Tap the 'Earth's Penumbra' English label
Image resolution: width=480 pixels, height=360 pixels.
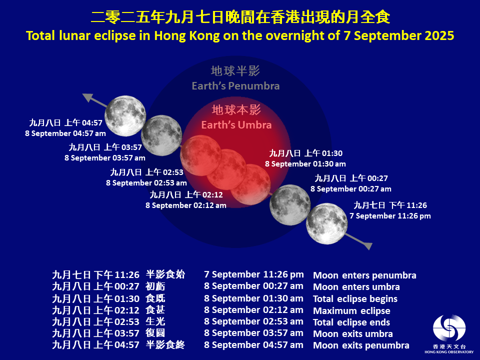pyautogui.click(x=235, y=86)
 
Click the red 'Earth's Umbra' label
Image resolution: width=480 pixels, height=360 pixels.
pyautogui.click(x=236, y=124)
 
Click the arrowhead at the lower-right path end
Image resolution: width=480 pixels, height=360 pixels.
pyautogui.click(x=367, y=245)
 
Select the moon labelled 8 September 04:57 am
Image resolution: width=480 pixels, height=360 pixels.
pyautogui.click(x=125, y=115)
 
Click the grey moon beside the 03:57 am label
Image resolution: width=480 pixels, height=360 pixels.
pyautogui.click(x=161, y=135)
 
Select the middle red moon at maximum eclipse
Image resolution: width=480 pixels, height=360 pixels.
pyautogui.click(x=227, y=169)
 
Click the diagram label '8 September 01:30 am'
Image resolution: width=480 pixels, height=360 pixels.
pyautogui.click(x=305, y=163)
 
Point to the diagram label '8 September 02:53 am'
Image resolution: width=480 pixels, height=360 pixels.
pyautogui.click(x=146, y=183)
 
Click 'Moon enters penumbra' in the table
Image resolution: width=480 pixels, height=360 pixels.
pyautogui.click(x=364, y=275)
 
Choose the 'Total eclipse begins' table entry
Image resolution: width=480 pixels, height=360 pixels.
pyautogui.click(x=355, y=299)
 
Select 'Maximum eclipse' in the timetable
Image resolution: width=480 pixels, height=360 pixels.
pyautogui.click(x=351, y=311)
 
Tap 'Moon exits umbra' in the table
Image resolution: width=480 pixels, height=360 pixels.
pyautogui.click(x=352, y=334)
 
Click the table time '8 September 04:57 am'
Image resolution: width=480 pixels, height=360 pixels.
pyautogui.click(x=253, y=345)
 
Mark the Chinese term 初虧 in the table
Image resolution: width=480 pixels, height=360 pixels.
pyautogui.click(x=155, y=286)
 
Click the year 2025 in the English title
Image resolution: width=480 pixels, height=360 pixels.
pyautogui.click(x=438, y=36)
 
